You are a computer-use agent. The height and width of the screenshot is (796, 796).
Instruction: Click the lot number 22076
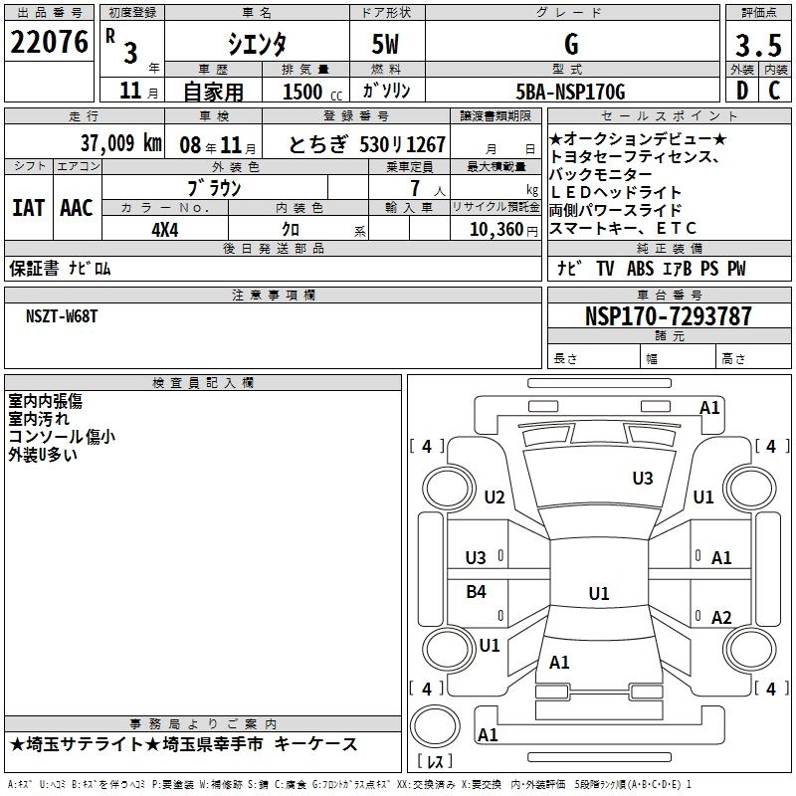click(49, 42)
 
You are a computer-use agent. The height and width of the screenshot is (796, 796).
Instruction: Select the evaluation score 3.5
click(757, 45)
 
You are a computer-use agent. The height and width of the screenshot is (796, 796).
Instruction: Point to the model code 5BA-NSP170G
click(570, 92)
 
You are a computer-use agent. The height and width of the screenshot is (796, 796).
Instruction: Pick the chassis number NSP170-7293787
click(668, 316)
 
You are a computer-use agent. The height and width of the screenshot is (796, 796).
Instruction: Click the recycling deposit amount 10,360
click(494, 228)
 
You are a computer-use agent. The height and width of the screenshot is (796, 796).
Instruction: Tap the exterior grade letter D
click(741, 91)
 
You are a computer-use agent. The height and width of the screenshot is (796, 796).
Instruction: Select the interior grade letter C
click(774, 91)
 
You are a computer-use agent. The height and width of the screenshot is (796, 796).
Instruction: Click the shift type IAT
click(28, 207)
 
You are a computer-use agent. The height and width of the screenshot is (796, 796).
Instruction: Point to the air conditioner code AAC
click(76, 207)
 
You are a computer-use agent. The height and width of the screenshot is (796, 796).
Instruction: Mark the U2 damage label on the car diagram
click(495, 497)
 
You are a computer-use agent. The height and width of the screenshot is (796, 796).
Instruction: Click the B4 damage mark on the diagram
click(477, 592)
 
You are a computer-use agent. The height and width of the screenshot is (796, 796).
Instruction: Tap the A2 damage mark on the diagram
click(721, 617)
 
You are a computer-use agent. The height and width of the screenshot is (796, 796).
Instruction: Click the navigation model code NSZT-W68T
click(62, 315)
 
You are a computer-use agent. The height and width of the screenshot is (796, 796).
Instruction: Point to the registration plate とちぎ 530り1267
click(366, 144)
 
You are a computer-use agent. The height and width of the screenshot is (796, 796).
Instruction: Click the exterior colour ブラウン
click(214, 187)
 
